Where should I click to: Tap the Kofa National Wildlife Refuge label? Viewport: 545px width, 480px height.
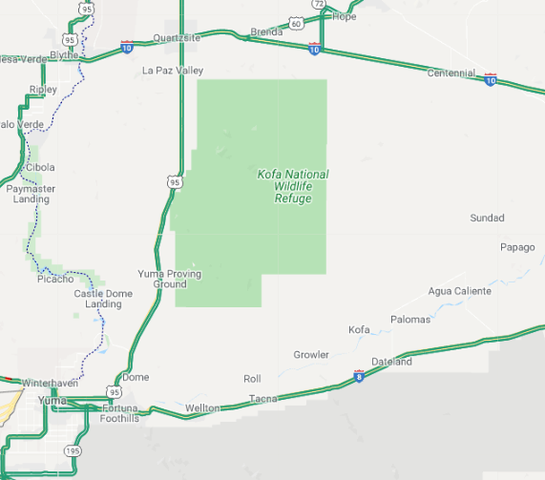tap(293, 186)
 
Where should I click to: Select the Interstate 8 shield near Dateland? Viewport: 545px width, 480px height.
tap(359, 377)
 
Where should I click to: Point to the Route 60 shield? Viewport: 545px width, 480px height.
tap(296, 23)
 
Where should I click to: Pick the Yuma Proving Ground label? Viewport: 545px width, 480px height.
tap(170, 279)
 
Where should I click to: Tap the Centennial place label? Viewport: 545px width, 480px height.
tap(451, 73)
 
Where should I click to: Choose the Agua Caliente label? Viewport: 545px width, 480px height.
tap(459, 291)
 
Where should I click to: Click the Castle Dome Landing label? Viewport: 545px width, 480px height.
tap(103, 299)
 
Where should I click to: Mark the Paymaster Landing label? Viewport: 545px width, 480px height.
tap(31, 194)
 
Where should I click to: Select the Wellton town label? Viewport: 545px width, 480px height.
tap(202, 408)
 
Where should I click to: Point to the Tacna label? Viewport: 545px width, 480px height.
tap(262, 398)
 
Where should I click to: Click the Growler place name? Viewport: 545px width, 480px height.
tap(311, 355)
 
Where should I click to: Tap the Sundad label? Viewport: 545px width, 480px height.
tap(487, 219)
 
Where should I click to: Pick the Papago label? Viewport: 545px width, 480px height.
tap(517, 247)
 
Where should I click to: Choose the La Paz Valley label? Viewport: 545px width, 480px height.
tap(173, 71)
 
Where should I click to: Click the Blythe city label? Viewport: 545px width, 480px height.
tap(64, 55)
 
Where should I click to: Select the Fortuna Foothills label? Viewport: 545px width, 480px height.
tap(120, 413)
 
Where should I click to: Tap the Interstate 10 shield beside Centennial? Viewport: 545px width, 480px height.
tap(491, 81)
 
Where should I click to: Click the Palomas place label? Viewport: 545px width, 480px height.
tap(410, 320)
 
